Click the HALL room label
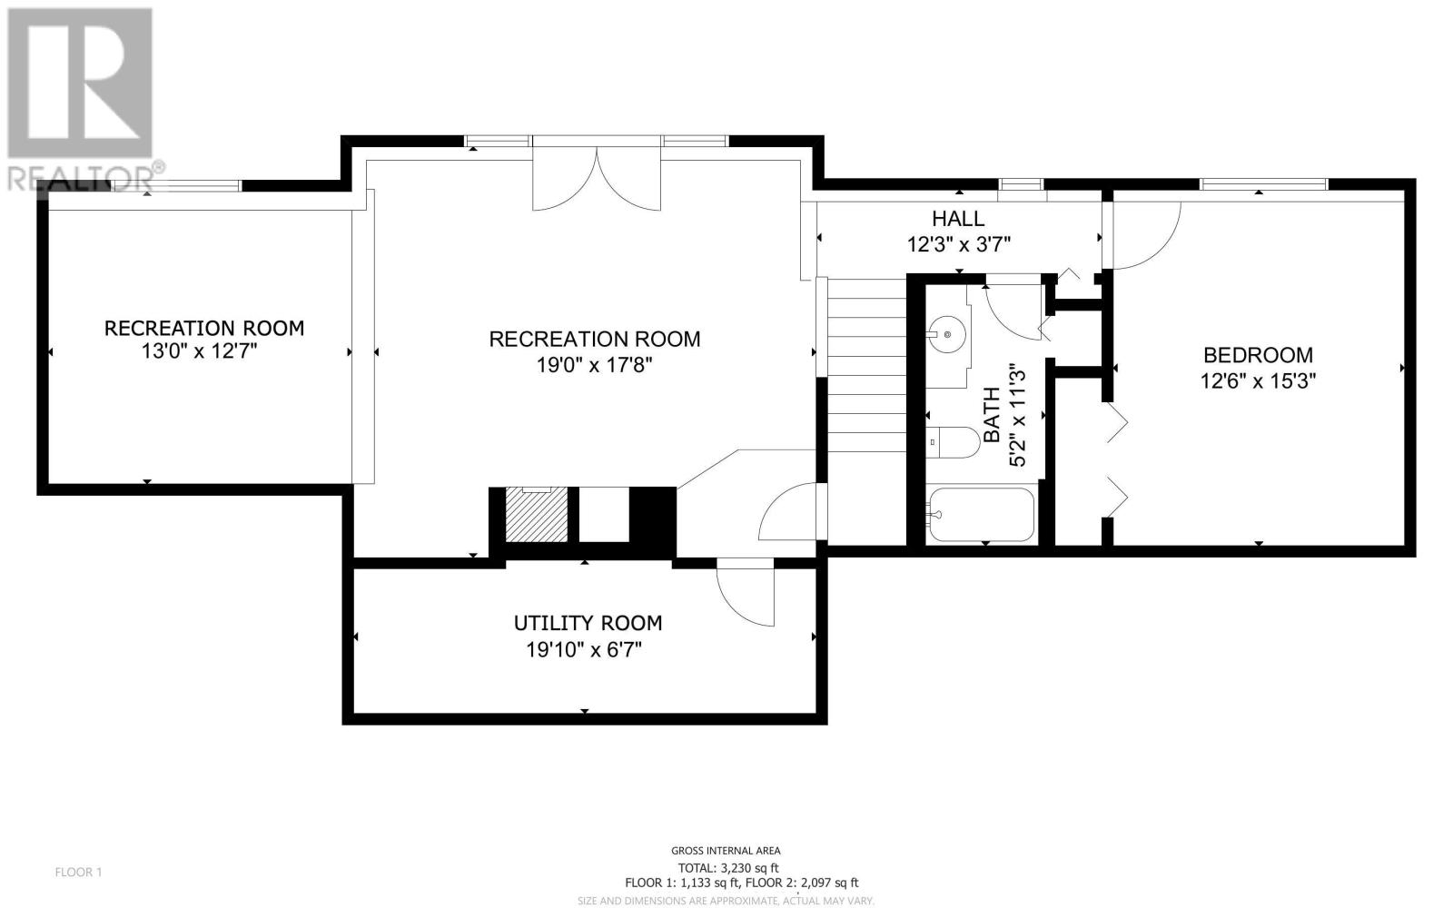pyautogui.click(x=958, y=219)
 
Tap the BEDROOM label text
pyautogui.click(x=1258, y=355)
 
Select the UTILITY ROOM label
pyautogui.click(x=588, y=623)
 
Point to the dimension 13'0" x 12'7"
pyautogui.click(x=199, y=351)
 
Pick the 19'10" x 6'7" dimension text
pyautogui.click(x=584, y=650)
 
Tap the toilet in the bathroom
pyautogui.click(x=953, y=442)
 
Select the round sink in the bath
pyautogui.click(x=947, y=335)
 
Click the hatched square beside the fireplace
pyautogui.click(x=537, y=515)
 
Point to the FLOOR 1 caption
pyautogui.click(x=78, y=873)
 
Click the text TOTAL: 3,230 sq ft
pyautogui.click(x=728, y=868)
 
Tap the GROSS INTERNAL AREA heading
pyautogui.click(x=726, y=851)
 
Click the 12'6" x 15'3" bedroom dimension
pyautogui.click(x=1258, y=381)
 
